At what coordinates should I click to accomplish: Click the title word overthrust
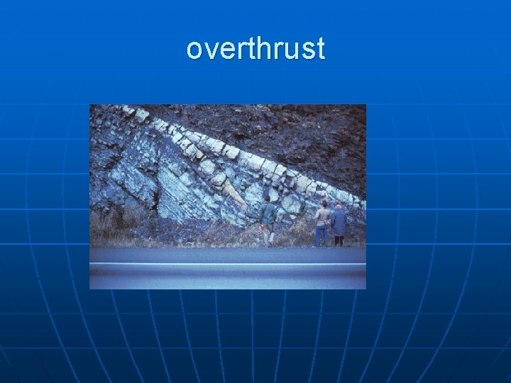[x=255, y=50]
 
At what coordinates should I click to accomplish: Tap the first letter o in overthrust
[x=194, y=51]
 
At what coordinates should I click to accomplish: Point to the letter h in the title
[x=261, y=49]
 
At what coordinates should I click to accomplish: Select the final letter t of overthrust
[x=320, y=50]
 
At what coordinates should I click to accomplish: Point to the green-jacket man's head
[x=267, y=201]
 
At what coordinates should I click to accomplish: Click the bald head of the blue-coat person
[x=339, y=206]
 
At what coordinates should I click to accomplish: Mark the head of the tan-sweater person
[x=324, y=204]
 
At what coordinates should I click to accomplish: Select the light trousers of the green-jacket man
[x=268, y=235]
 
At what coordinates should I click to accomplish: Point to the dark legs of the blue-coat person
[x=339, y=240]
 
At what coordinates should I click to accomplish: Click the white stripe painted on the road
[x=227, y=264]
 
